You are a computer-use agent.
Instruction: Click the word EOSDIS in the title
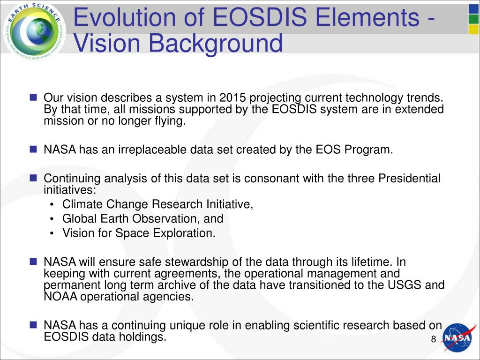(262, 18)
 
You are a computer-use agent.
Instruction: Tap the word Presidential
(409, 179)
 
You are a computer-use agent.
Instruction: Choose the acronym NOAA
(61, 297)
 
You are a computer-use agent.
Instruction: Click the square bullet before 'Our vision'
(33, 98)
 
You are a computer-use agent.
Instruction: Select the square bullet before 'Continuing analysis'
(33, 179)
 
